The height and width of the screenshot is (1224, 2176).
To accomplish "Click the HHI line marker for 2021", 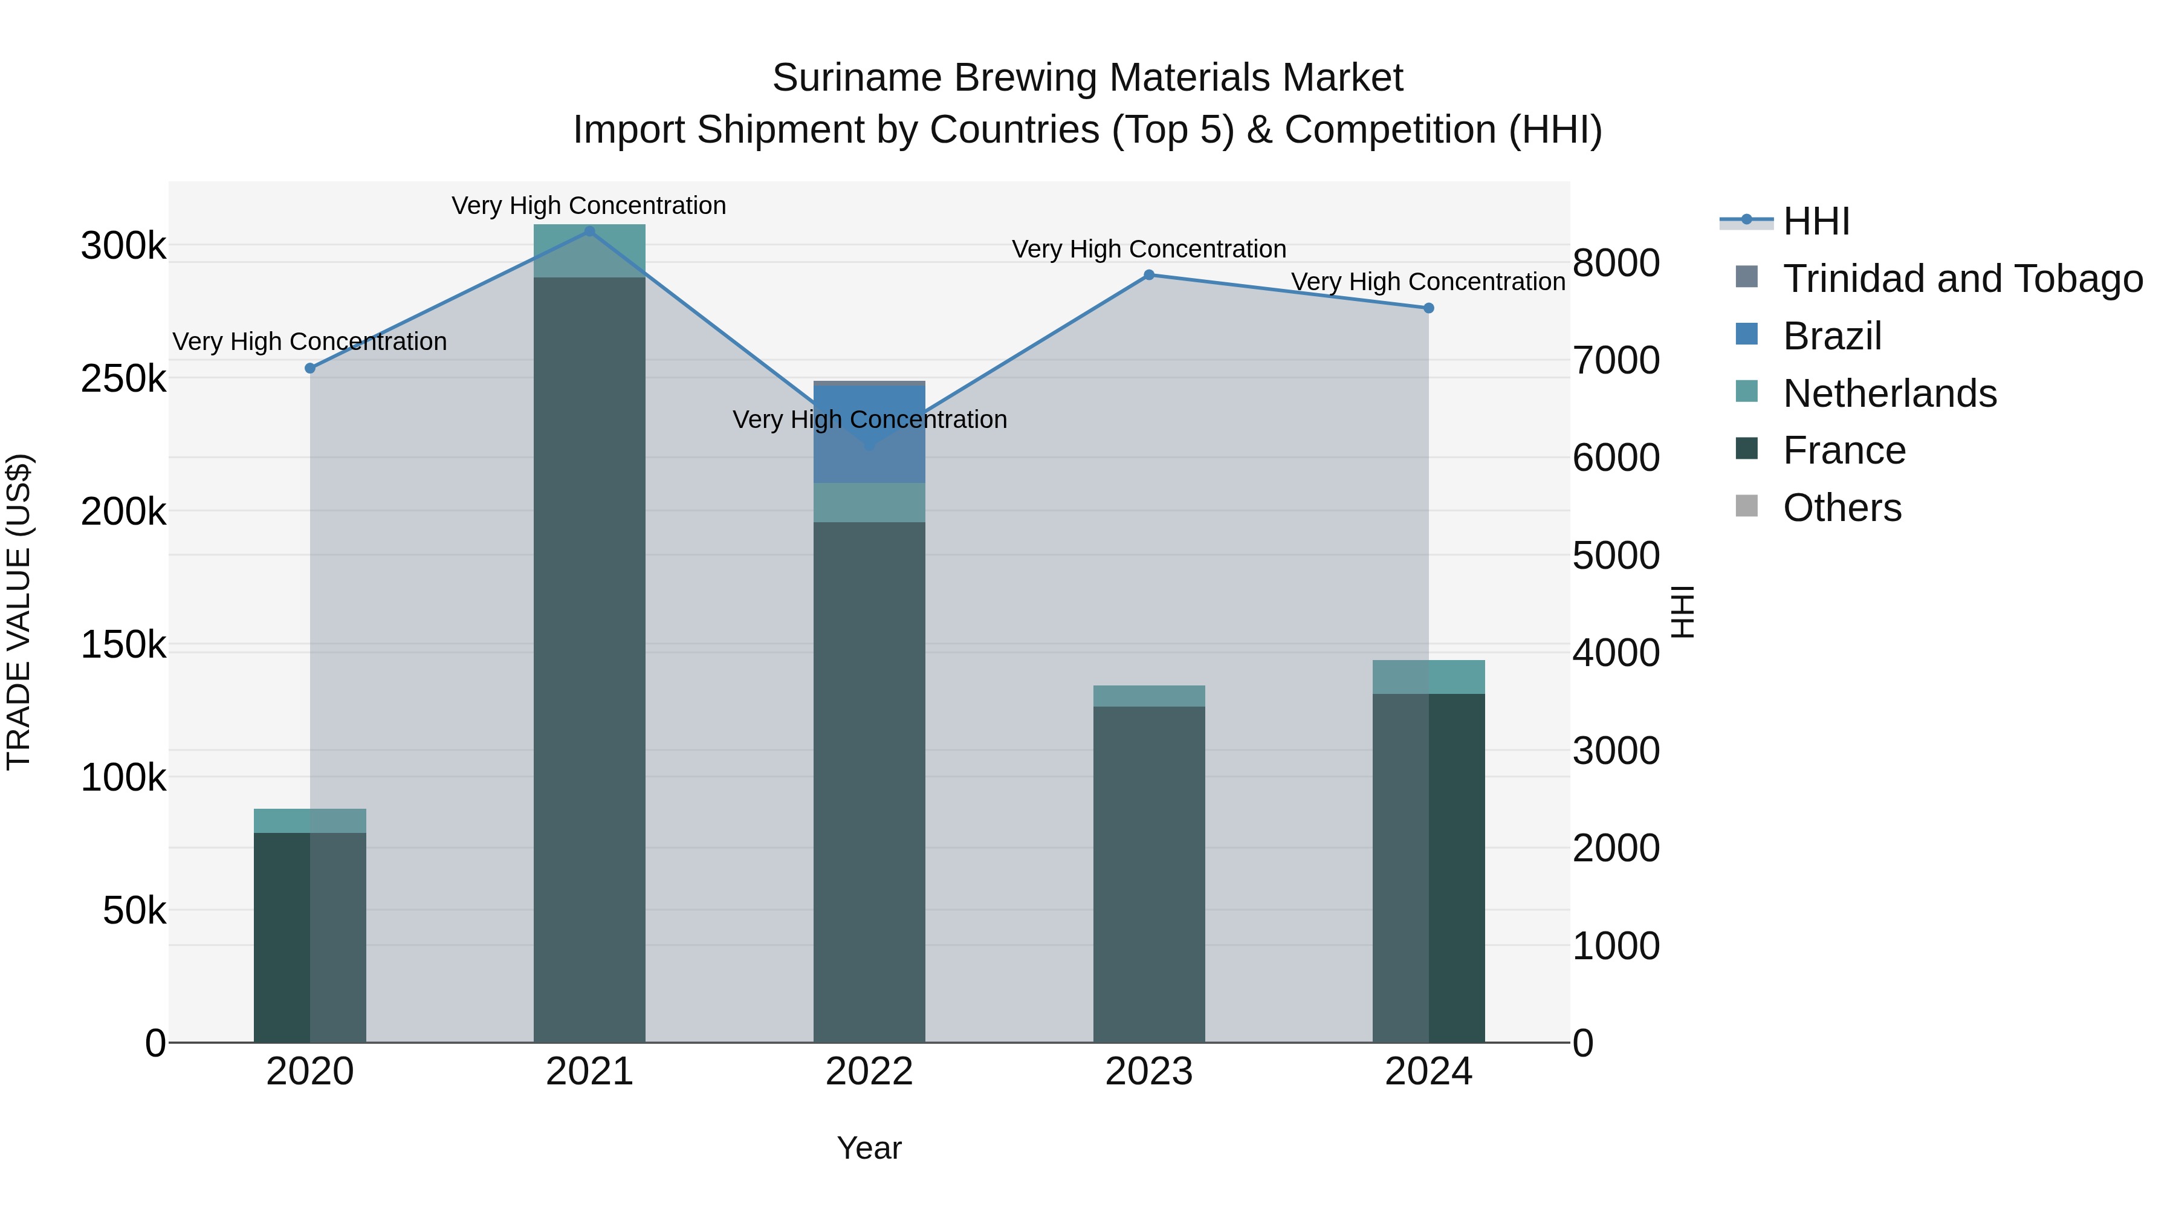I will click(589, 232).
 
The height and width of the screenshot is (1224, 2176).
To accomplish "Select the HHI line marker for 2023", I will click(1149, 274).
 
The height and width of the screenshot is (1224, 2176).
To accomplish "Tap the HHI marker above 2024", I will click(1428, 308).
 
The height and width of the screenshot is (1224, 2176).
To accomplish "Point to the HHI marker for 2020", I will click(310, 368).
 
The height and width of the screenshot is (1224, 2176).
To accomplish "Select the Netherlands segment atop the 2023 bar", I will click(1149, 696).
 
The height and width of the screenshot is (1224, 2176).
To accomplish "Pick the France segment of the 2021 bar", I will click(589, 659).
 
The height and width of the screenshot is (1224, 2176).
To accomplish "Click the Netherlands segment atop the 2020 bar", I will click(310, 820).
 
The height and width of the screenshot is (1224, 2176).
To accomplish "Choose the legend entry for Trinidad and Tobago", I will click(1962, 279).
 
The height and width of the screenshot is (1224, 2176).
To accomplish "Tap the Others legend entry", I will click(1842, 508).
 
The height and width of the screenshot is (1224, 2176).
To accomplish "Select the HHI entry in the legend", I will click(1816, 221).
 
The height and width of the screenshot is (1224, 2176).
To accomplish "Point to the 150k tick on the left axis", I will click(123, 646).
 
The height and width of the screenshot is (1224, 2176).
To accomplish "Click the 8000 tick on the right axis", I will click(1615, 263).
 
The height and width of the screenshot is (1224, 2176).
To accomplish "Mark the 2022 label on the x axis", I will click(869, 1072).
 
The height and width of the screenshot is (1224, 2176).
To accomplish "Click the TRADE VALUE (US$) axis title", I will click(19, 612).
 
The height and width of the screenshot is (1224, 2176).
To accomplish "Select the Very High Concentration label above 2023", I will click(1149, 249).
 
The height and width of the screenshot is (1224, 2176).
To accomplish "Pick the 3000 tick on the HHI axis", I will click(1615, 751).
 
